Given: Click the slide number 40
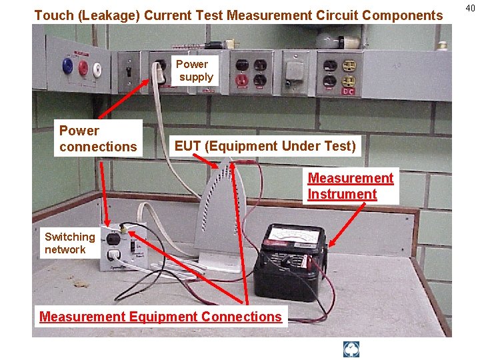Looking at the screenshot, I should click(x=471, y=8).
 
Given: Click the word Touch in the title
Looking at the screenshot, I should click(x=52, y=15).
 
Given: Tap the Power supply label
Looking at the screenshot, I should click(x=194, y=71).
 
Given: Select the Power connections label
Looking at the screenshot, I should click(x=98, y=139).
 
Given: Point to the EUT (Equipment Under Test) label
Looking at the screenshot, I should click(x=265, y=145).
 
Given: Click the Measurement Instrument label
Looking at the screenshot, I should click(x=351, y=186).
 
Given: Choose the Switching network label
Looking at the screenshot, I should click(x=69, y=243).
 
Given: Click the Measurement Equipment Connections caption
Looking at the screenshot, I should click(x=161, y=317).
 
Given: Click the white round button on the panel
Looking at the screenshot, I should click(x=98, y=68).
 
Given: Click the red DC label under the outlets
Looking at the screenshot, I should click(x=348, y=91).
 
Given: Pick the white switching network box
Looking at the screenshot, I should click(x=123, y=247).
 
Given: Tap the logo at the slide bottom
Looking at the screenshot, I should click(x=351, y=349).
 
